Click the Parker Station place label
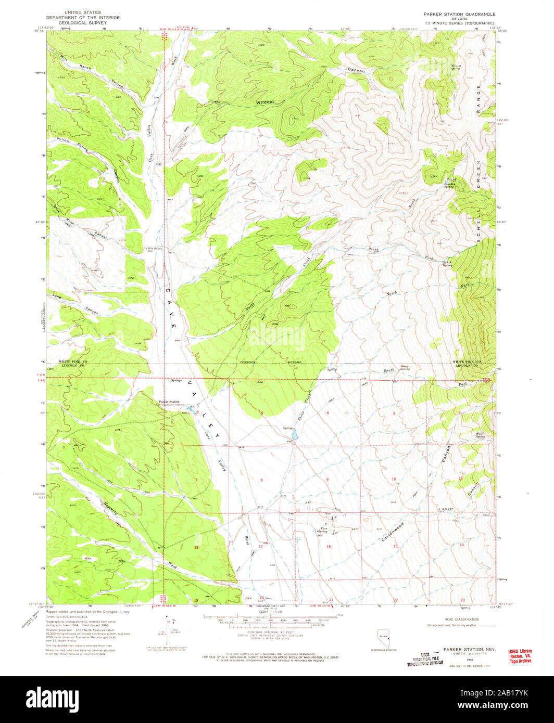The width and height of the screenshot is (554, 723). [x=169, y=402]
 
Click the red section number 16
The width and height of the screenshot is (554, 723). [x=329, y=547]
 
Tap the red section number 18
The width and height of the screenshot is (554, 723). [x=196, y=548]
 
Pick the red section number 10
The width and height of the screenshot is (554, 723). [x=394, y=479]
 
